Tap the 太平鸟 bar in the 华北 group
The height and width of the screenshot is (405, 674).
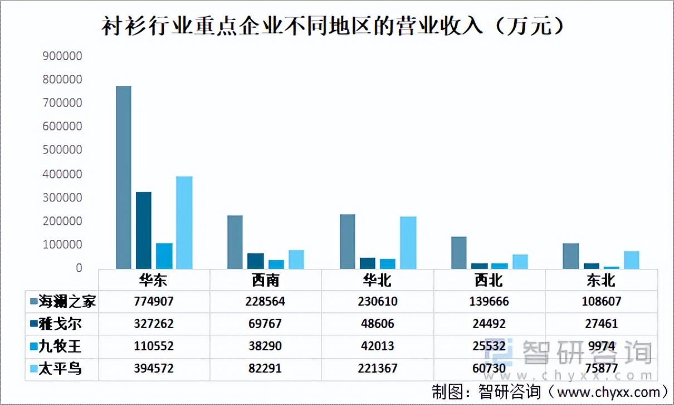coord(408,242)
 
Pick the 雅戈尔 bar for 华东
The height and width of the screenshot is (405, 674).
coord(143,230)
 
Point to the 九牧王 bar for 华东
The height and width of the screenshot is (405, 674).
coord(164,255)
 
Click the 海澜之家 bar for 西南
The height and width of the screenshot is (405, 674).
coord(235,242)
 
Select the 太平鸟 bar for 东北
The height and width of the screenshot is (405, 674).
coord(631,259)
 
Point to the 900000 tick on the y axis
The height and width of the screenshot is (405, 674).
coord(62,56)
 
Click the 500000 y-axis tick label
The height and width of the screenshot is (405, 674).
coord(62,150)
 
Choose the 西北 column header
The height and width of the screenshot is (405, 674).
coord(489,279)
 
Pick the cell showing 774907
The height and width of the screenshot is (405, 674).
coord(154,302)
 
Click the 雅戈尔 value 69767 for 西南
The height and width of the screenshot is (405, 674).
coord(265,324)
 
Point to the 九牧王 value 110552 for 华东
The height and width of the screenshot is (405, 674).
coord(154,346)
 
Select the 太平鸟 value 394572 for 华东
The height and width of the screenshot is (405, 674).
coord(154,369)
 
